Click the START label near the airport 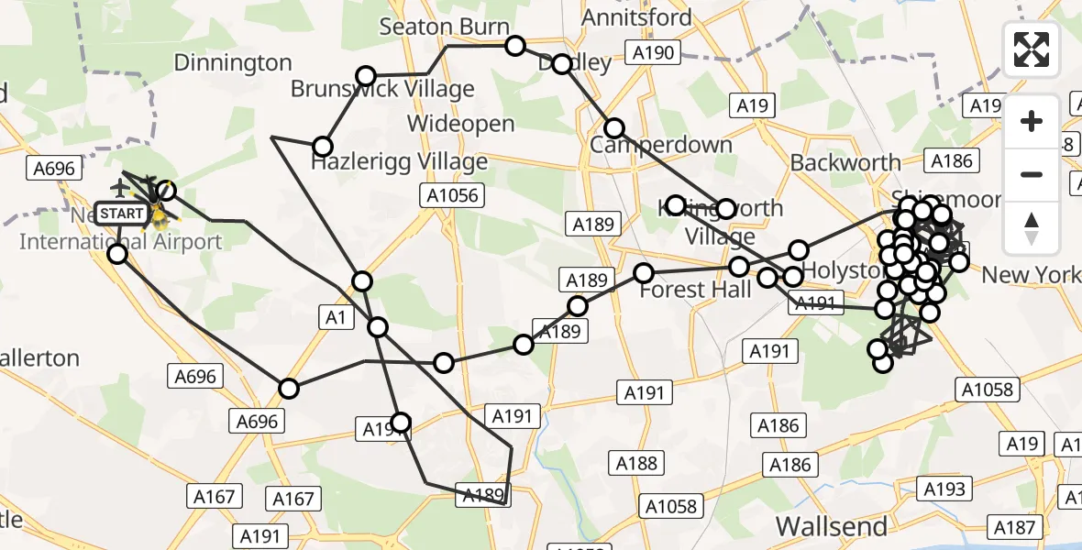(121, 214)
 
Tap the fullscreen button (1032, 49)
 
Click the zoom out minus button (1032, 174)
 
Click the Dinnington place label (233, 63)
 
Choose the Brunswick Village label (382, 89)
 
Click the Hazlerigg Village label (399, 162)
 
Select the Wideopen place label (461, 125)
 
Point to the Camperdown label (661, 145)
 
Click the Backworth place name (845, 163)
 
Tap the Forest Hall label (695, 290)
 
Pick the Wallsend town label (832, 526)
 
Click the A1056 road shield (452, 195)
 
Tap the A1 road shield (335, 317)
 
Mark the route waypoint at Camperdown (613, 128)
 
